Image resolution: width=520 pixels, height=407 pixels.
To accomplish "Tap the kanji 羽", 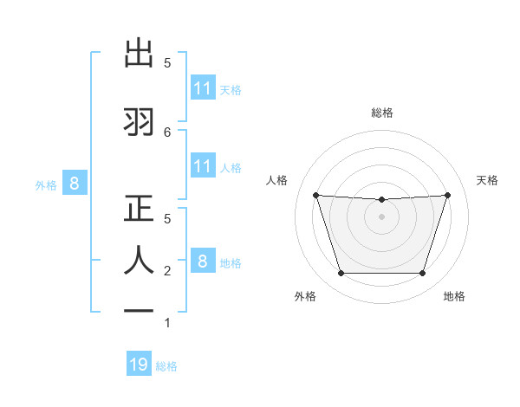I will point(139,120).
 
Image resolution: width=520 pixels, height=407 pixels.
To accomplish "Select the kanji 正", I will point(139,209).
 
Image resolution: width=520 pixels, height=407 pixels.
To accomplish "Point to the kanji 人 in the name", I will point(139,260).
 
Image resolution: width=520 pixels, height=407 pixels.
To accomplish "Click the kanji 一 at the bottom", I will point(139,313).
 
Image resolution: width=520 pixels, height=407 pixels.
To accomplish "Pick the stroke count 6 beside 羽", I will point(167,132).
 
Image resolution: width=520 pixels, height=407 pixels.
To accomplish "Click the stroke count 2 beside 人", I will point(167,271).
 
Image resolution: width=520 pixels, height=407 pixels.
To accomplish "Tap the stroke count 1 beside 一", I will point(167,324).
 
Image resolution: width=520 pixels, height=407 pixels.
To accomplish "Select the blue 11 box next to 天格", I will point(203,88).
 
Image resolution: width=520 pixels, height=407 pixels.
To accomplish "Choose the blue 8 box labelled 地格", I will point(203,261).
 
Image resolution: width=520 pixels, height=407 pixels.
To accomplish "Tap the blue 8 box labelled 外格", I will point(75,184).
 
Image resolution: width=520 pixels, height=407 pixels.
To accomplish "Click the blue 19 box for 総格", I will point(139,365).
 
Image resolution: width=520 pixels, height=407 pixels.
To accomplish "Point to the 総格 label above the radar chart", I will point(382,113).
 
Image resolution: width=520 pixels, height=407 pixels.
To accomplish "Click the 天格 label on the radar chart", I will point(488,180).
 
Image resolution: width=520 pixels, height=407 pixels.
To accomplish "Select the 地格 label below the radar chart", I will point(454,296).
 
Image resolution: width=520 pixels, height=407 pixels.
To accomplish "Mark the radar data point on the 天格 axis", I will point(447,195).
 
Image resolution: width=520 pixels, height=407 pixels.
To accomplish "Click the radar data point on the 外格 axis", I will point(341,274).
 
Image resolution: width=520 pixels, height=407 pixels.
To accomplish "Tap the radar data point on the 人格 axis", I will point(315,195).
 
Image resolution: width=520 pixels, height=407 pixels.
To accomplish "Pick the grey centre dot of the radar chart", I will point(381,216).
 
